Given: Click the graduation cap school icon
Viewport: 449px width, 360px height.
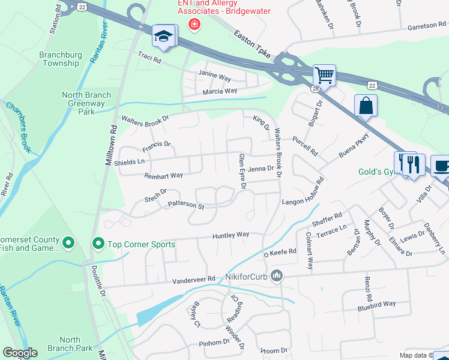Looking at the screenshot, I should [x=163, y=36].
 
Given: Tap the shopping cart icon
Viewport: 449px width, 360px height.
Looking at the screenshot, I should [x=324, y=76].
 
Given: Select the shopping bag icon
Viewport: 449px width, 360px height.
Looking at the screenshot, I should [x=366, y=106].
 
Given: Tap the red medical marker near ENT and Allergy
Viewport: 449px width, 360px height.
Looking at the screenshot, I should [x=193, y=24].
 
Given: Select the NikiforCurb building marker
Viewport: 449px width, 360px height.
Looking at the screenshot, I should [x=277, y=276].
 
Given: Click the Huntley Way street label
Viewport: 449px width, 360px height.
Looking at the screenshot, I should [x=231, y=236].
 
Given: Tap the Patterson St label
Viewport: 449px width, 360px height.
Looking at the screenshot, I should [x=186, y=205].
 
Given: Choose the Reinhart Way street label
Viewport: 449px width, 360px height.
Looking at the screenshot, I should [x=163, y=176].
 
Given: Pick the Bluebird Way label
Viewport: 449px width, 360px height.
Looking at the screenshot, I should [x=376, y=304].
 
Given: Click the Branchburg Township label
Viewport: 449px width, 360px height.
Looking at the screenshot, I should [x=59, y=59].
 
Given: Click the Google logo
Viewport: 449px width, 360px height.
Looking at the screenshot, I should [x=20, y=353].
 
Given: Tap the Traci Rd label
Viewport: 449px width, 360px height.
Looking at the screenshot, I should [x=149, y=60].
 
